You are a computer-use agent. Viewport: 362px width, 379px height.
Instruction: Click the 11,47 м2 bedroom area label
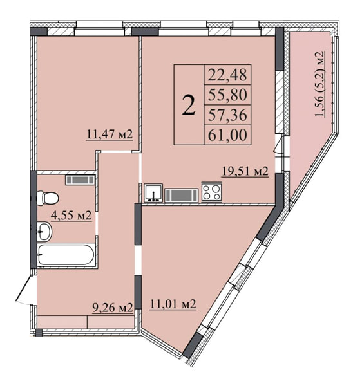point(110,135)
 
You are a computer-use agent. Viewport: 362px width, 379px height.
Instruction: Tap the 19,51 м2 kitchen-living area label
point(245,171)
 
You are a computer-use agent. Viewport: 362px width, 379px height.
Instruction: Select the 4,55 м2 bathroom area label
point(71,215)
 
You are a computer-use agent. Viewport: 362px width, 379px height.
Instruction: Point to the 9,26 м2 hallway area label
point(113,308)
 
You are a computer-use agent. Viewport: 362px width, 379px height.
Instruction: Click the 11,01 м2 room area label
point(173,304)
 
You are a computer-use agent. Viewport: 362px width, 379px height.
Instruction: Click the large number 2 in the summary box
point(189,104)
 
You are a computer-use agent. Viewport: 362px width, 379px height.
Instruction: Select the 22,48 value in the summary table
point(227,75)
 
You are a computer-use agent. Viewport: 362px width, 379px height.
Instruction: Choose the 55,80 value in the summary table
point(227,95)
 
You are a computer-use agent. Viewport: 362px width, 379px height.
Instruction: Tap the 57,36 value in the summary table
point(227,115)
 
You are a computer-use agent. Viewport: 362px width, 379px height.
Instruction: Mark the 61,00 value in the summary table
point(227,135)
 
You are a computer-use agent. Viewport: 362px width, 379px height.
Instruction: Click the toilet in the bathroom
point(48,198)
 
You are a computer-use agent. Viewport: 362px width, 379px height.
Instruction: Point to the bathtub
point(66,255)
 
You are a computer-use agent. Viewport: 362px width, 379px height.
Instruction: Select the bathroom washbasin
point(44,232)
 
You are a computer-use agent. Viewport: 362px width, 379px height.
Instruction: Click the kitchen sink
point(153,192)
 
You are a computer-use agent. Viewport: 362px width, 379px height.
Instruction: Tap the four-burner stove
point(211,192)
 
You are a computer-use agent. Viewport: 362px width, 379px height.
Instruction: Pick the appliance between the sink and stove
point(182,196)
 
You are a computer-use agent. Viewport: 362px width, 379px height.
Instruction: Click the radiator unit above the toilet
point(80,180)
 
